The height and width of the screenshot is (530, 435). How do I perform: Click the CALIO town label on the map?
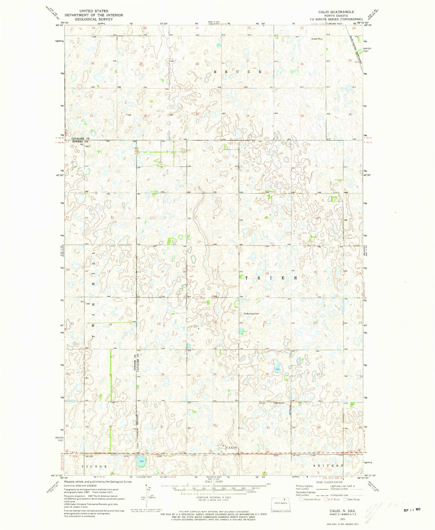pos(231,447)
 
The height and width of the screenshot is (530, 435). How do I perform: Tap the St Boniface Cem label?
pos(251,313)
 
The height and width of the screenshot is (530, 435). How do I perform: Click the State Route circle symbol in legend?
pos(345,499)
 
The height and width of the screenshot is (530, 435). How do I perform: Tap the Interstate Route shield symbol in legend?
pos(301,499)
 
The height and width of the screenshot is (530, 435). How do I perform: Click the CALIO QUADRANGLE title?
pos(336,12)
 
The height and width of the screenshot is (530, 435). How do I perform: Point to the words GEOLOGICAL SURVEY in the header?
pos(94,19)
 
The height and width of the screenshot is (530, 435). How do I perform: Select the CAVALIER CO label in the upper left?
pos(80,139)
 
